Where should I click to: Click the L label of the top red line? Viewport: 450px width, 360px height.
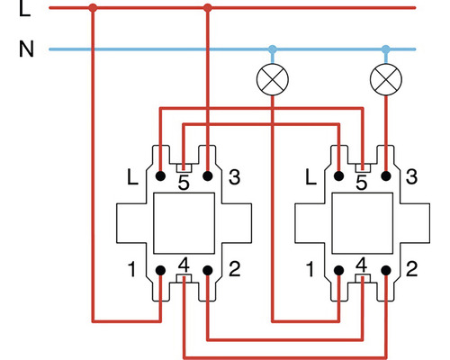24,11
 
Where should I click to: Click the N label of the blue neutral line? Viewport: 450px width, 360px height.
25,49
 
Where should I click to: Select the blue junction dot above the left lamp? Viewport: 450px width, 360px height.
272,49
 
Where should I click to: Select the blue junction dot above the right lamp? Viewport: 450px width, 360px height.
386,49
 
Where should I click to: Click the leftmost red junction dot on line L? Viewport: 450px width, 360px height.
93,9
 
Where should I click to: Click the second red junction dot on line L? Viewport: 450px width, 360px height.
208,9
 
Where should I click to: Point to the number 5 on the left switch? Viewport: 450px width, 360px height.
184,184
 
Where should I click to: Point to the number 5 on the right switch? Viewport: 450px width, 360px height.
362,184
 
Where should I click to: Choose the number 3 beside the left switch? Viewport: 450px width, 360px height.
235,177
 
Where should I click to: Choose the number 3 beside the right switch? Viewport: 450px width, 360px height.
412,177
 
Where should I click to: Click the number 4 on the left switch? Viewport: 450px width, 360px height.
184,266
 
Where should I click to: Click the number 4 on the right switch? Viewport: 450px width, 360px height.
362,266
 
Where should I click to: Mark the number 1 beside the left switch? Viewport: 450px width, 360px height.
132,269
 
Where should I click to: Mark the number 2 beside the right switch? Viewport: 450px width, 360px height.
412,269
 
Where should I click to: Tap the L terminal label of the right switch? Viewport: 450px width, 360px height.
311,177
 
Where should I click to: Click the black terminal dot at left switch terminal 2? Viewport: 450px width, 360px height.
208,270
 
